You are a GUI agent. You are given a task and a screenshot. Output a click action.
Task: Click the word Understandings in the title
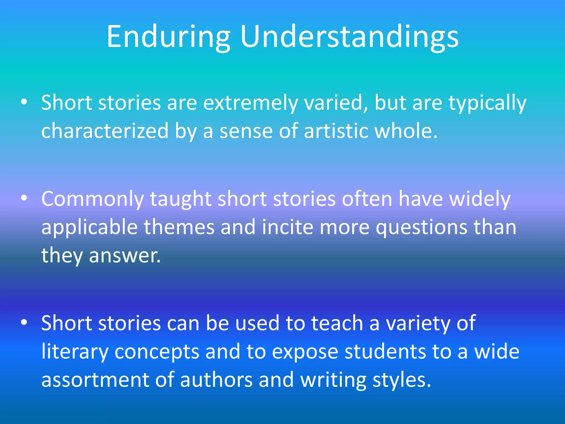coord(349,37)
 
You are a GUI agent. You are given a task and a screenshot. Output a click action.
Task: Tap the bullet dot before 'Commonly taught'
coord(24,198)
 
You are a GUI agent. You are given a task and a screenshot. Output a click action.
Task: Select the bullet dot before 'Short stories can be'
coord(24,322)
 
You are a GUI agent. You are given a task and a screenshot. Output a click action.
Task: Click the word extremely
coord(250,103)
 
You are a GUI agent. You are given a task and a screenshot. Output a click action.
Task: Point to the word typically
coord(487,103)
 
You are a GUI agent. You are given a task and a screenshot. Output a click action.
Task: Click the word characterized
coord(105,131)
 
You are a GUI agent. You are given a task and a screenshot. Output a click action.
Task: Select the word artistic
coord(336,131)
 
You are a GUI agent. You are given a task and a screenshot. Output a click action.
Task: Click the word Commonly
coord(92,199)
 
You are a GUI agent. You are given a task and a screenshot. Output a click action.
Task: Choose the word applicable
coord(89,227)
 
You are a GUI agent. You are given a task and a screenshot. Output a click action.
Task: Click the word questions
coord(421,228)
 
